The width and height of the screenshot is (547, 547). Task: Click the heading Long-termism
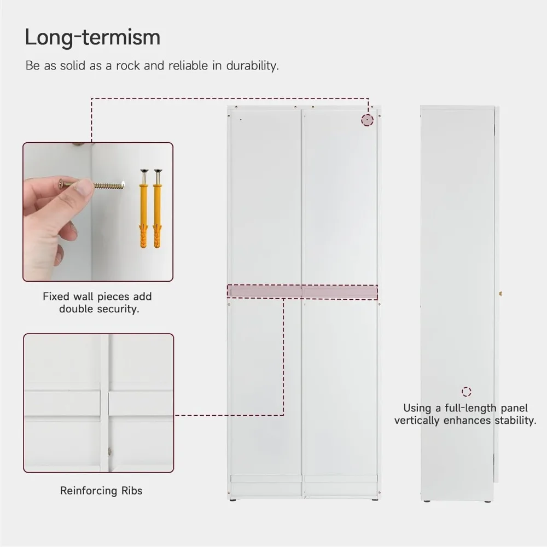(x=92, y=37)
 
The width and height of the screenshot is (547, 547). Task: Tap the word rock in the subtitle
(x=130, y=66)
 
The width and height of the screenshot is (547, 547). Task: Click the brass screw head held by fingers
(x=62, y=184)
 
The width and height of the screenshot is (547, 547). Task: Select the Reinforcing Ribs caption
(x=101, y=491)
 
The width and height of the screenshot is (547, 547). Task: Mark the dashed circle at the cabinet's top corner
(x=367, y=120)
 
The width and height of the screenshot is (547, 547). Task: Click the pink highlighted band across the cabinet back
(x=302, y=292)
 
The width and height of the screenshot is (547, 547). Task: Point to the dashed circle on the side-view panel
(x=467, y=392)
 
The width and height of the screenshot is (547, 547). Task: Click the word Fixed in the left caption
(x=56, y=297)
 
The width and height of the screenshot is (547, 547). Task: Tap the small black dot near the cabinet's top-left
(x=241, y=119)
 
